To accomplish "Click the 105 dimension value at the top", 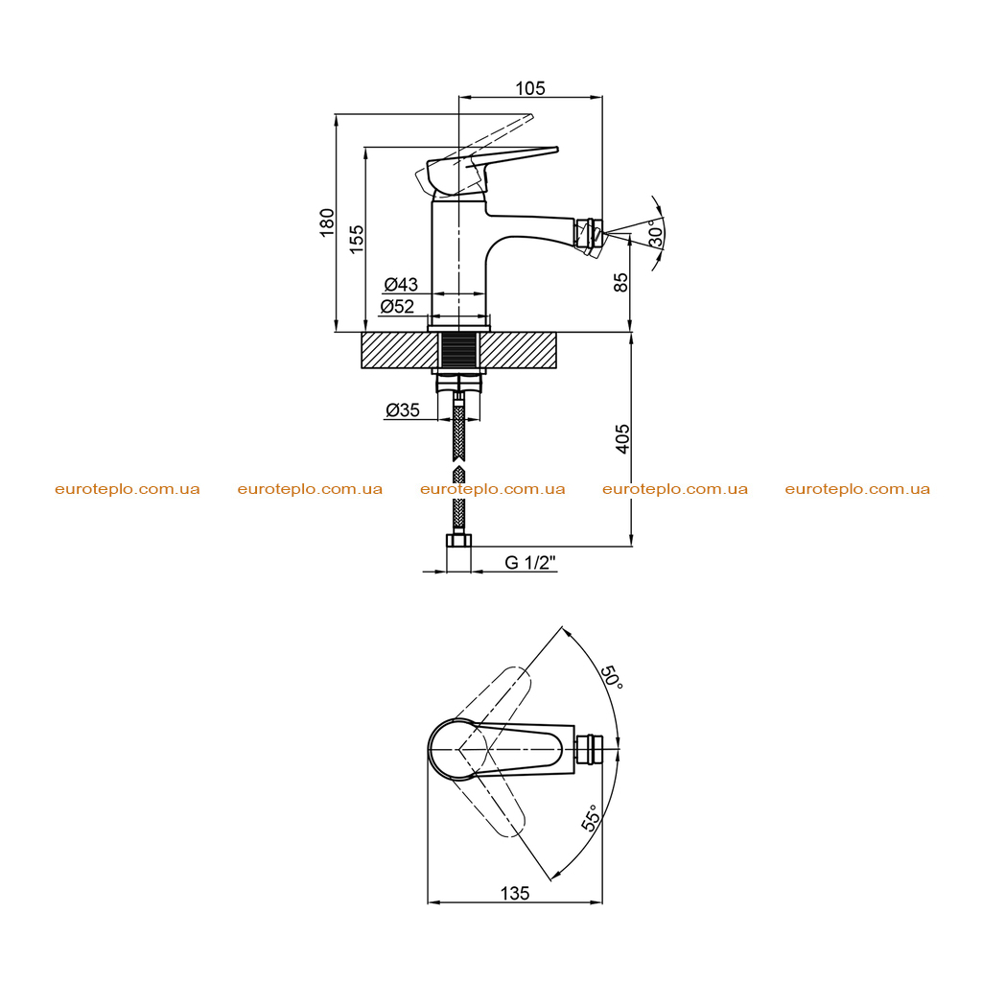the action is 529,88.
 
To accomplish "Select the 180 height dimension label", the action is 327,222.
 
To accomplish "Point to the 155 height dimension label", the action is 356,239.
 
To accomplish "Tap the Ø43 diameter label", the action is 401,284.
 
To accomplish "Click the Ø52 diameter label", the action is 398,306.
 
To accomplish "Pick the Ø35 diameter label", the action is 403,410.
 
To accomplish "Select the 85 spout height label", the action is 620,282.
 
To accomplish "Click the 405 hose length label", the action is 622,438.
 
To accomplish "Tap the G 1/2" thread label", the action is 530,562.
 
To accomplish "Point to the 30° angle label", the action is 655,233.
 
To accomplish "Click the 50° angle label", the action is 613,678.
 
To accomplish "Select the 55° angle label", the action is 592,818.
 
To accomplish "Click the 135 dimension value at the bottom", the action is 515,893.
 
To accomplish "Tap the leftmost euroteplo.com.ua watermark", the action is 128,489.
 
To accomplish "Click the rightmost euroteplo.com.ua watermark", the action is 857,489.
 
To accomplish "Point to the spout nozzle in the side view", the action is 590,236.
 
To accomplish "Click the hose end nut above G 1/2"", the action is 459,541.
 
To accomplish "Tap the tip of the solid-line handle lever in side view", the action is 557,149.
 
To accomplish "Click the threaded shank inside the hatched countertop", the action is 459,350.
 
